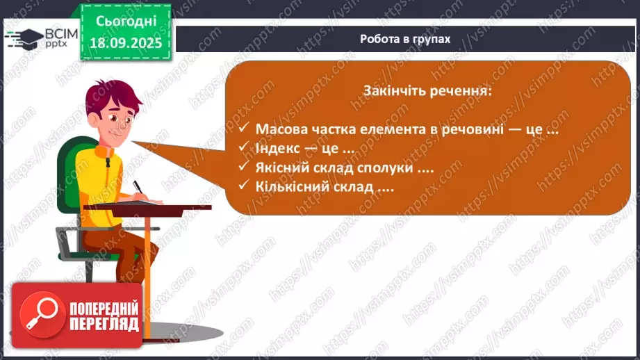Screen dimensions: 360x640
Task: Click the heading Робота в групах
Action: (x=405, y=39)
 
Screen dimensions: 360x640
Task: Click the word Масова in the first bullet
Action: (x=282, y=129)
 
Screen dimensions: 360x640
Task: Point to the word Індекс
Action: (x=279, y=148)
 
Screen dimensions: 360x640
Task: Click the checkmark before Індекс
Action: (x=243, y=148)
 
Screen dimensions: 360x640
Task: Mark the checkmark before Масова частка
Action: (x=243, y=129)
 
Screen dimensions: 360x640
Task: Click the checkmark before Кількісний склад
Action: (x=243, y=186)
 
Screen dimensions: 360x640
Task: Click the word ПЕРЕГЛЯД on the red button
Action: (x=104, y=324)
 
